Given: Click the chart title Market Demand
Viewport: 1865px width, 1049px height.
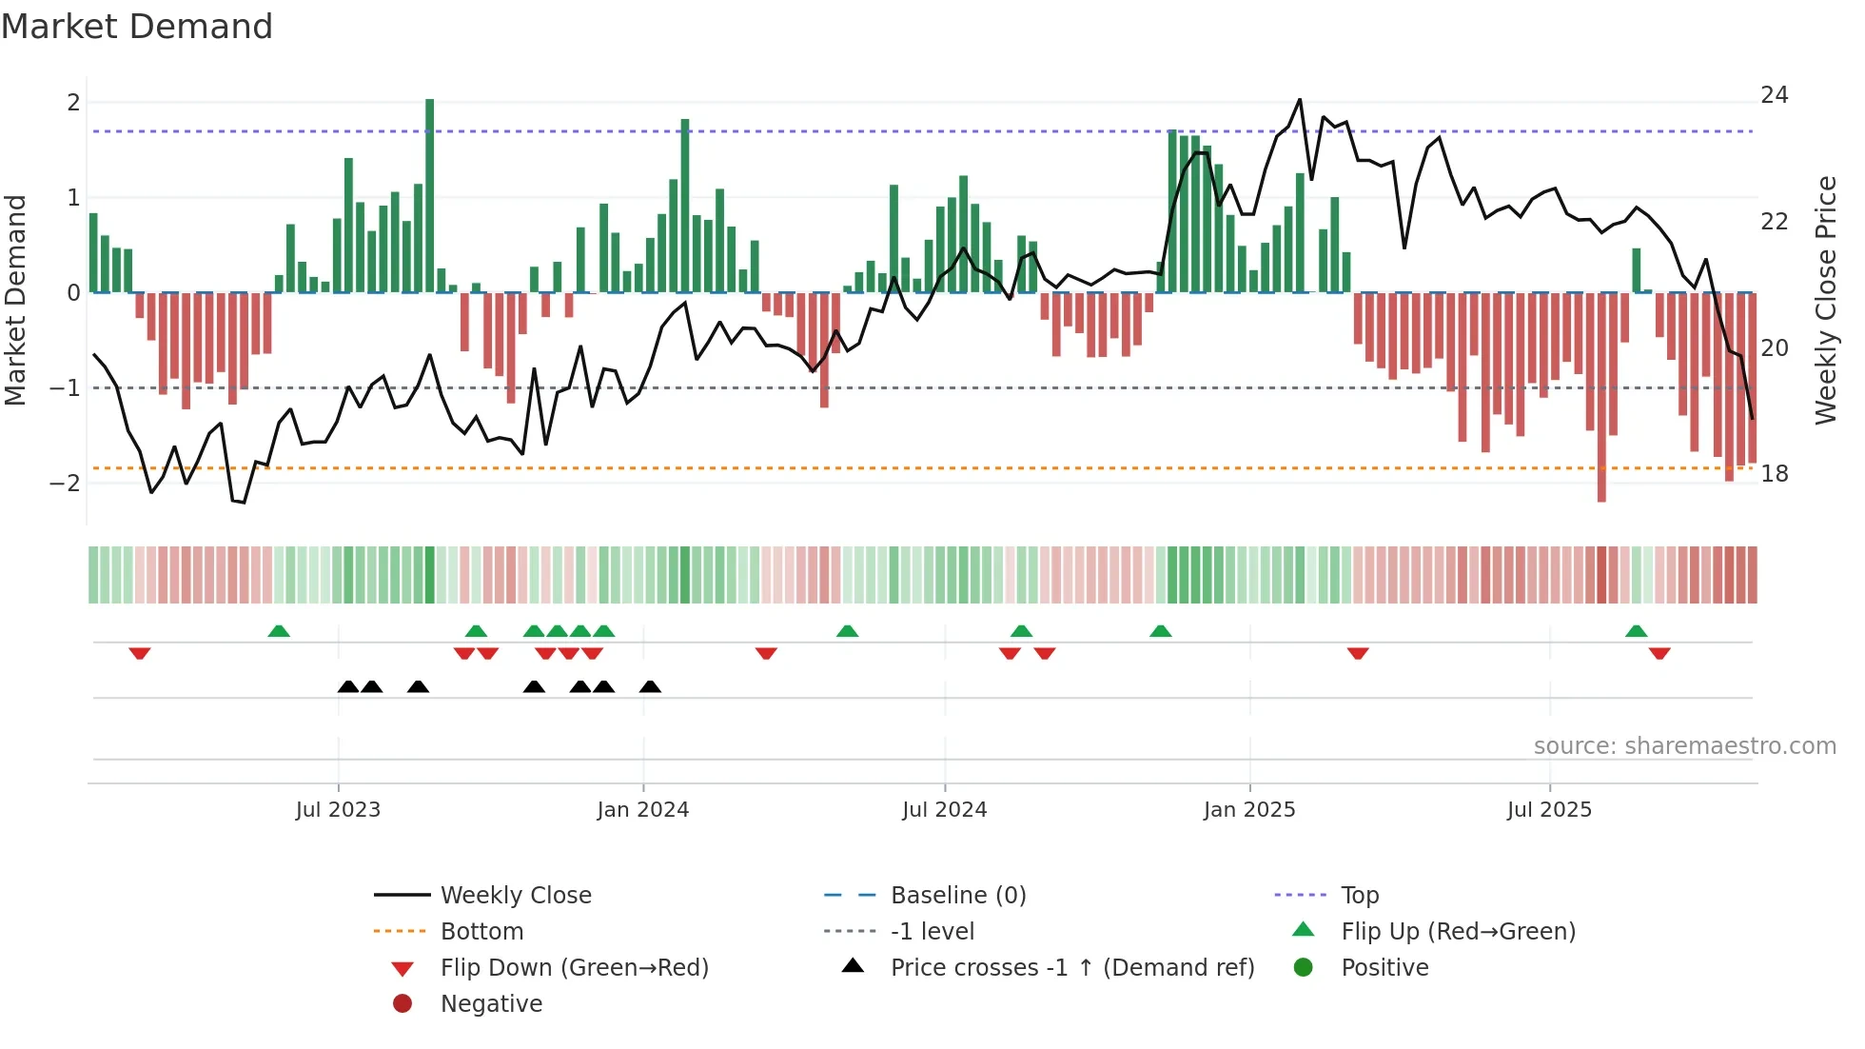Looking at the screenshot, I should coord(137,27).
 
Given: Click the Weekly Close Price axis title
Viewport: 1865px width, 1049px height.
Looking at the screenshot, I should coord(1825,300).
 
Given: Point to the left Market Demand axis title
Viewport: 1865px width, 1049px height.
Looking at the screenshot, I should coord(15,300).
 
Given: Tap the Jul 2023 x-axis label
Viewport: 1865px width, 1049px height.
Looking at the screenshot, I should coord(338,810).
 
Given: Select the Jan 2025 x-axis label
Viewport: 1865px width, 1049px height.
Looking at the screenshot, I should coord(1248,810).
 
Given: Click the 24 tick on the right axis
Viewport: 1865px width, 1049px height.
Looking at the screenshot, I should coord(1774,95).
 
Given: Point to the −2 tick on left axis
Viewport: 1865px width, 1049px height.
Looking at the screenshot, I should coord(65,483).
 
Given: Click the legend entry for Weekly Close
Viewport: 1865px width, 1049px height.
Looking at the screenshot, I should coord(515,895).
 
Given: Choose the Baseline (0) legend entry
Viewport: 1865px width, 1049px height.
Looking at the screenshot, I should coord(957,895).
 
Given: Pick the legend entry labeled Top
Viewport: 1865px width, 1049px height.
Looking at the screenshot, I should coord(1359,895).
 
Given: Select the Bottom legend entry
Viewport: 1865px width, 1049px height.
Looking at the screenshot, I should coord(481,931).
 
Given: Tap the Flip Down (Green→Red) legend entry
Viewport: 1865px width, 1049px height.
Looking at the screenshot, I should coord(574,967).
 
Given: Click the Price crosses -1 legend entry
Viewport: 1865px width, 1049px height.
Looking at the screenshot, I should coord(1071,967).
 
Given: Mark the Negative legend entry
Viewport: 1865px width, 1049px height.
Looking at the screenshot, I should coord(491,1003).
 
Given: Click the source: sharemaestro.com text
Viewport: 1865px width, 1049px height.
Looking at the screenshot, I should coord(1684,745).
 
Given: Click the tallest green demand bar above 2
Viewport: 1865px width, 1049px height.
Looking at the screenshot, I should coord(430,190).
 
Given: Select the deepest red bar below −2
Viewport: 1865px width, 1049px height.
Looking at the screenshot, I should coord(1601,400).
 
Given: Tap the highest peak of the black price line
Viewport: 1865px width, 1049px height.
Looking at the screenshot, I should coord(1300,99).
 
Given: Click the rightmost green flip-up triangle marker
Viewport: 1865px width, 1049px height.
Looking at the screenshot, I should coord(1636,631).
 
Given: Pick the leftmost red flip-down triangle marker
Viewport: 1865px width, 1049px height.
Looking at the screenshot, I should coord(140,653).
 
